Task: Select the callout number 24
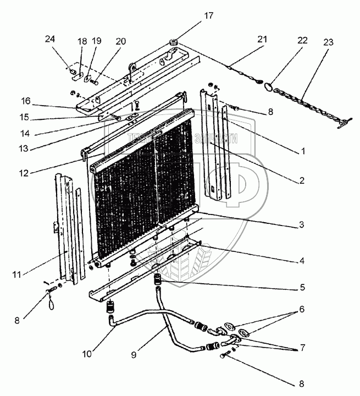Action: tap(50, 40)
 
